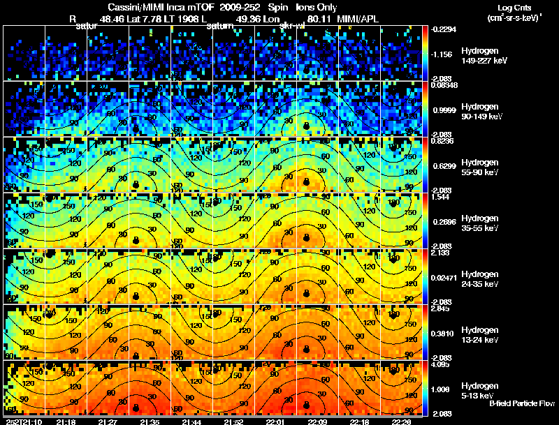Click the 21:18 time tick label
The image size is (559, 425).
66,422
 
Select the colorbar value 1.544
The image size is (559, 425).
440,196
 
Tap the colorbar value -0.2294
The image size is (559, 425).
443,29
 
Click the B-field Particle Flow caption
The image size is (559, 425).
521,403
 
